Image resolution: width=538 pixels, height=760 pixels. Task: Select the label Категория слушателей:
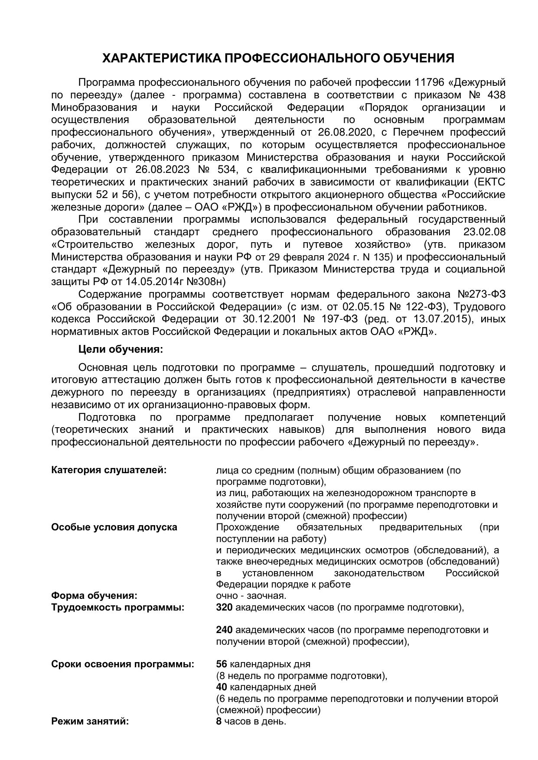[x=109, y=470]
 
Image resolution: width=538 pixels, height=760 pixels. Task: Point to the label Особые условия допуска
[x=114, y=527]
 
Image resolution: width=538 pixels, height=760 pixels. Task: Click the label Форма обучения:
[x=94, y=595]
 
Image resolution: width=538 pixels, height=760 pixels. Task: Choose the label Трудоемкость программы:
[x=117, y=607]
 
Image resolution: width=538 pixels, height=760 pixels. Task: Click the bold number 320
[x=224, y=607]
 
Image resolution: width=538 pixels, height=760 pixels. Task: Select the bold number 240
[x=224, y=630]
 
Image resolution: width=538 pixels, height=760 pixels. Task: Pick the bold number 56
[x=222, y=664]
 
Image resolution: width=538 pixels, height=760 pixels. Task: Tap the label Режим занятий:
[x=90, y=721]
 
